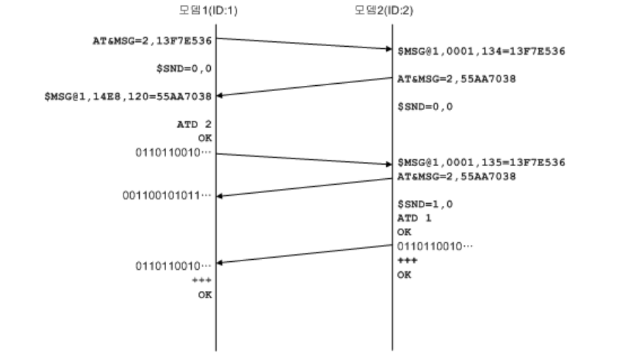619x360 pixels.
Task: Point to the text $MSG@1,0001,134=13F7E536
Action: [x=481, y=50]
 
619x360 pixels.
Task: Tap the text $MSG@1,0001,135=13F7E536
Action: [x=481, y=163]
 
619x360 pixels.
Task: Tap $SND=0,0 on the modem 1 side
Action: [x=186, y=68]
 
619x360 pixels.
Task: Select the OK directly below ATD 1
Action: [x=404, y=231]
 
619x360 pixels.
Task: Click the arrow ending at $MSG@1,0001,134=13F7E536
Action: [x=303, y=43]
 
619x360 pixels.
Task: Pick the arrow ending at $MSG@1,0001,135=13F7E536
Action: [x=303, y=158]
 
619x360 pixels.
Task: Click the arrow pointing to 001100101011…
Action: [x=303, y=186]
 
